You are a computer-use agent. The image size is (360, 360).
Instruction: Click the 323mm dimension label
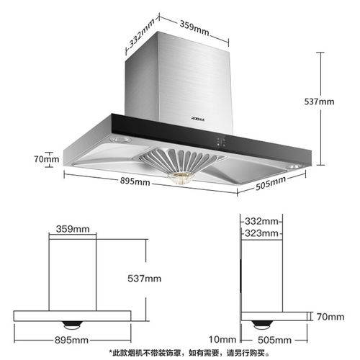261,233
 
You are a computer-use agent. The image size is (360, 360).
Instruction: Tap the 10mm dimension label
222,339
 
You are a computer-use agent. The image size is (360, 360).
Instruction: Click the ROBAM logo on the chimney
198,118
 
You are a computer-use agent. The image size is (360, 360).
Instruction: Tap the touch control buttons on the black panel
221,142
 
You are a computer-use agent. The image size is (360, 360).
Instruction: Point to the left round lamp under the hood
120,140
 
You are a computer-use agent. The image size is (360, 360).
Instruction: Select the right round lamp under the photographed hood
294,166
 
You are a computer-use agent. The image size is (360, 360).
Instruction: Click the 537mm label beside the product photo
319,102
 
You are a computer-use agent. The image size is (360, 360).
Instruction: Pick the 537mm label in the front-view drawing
144,279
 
